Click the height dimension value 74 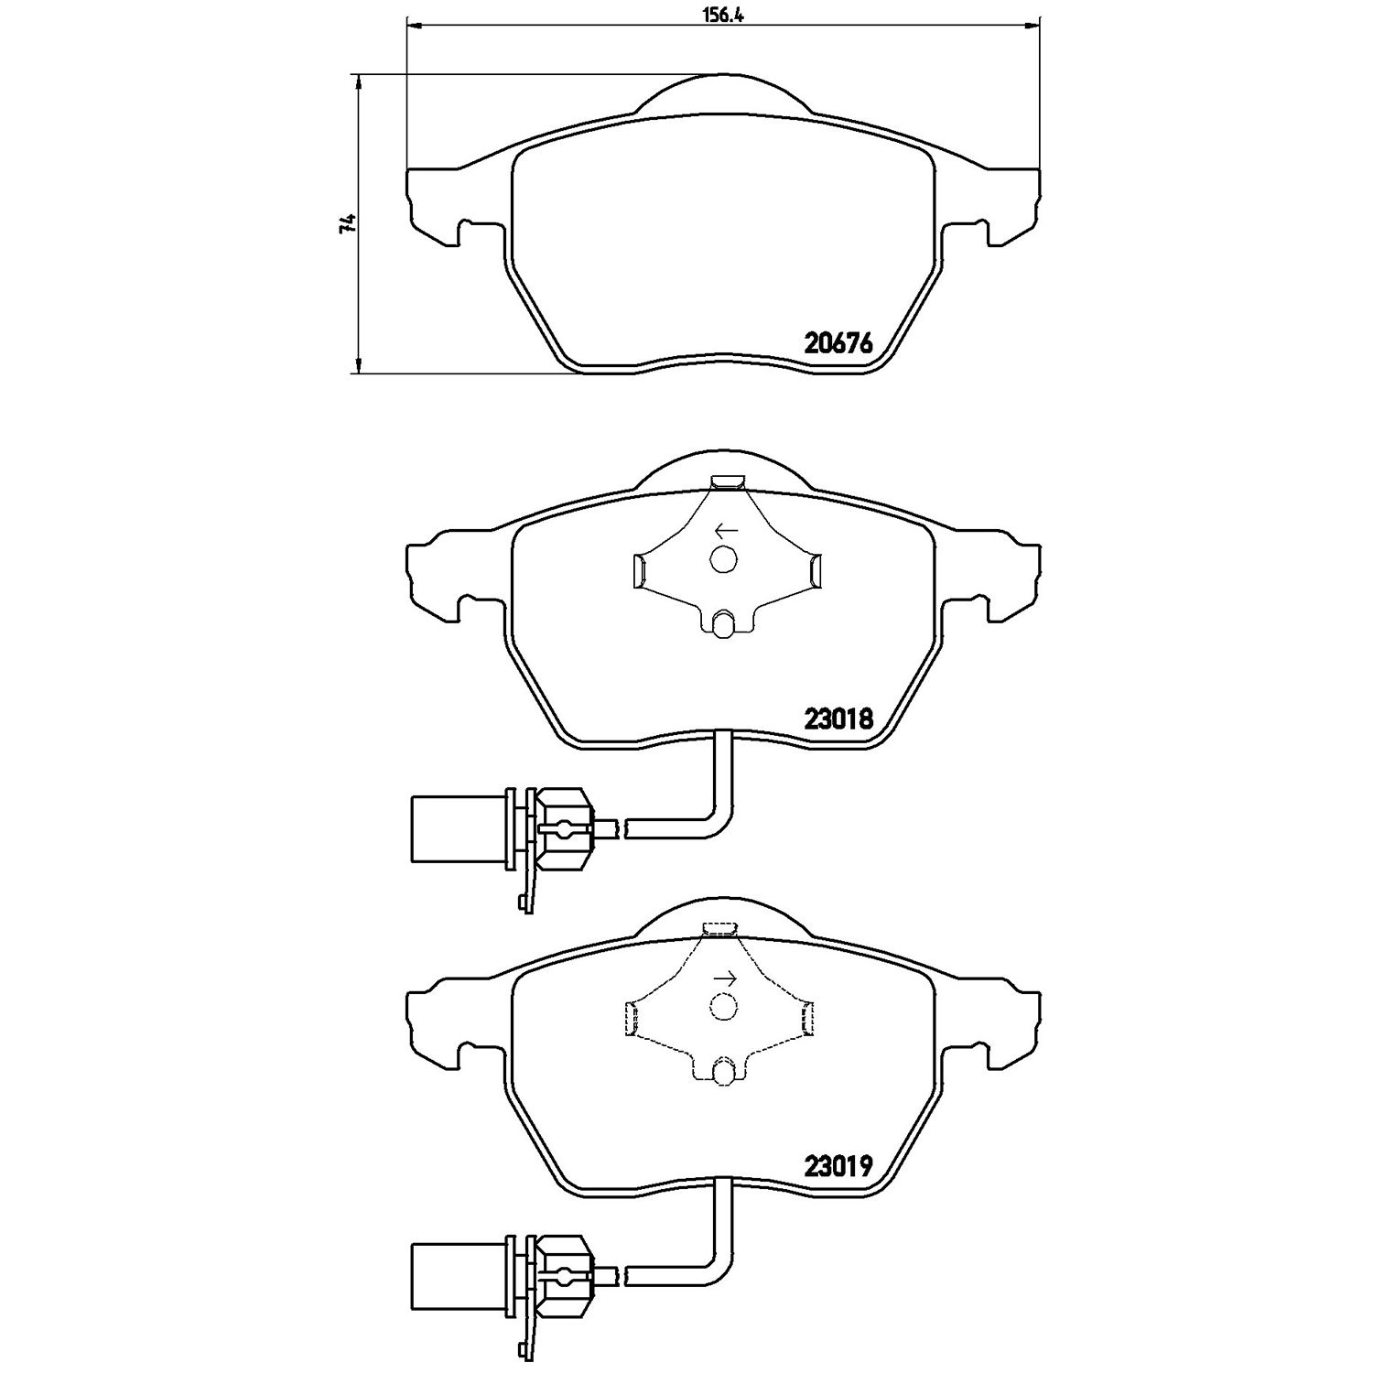coord(346,224)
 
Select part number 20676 coord(838,343)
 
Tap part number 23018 coord(838,719)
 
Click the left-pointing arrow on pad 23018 coord(727,530)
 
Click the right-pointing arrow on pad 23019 coord(726,978)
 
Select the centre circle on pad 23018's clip coord(723,558)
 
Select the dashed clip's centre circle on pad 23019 coord(723,1007)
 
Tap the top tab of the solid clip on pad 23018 coord(729,481)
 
